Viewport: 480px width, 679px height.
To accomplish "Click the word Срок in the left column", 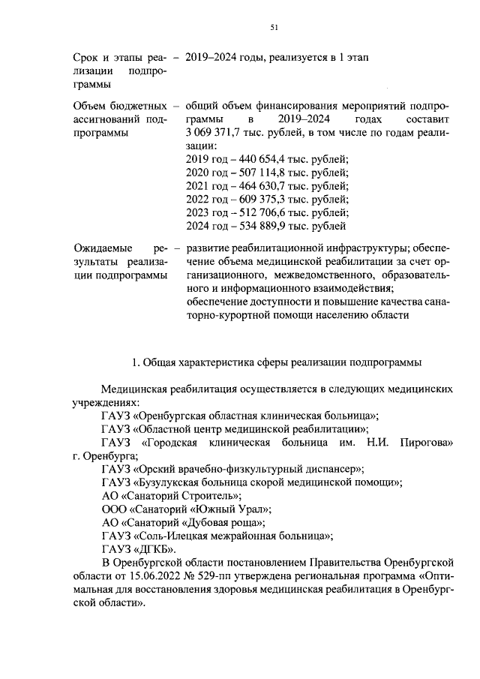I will pos(85,57).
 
